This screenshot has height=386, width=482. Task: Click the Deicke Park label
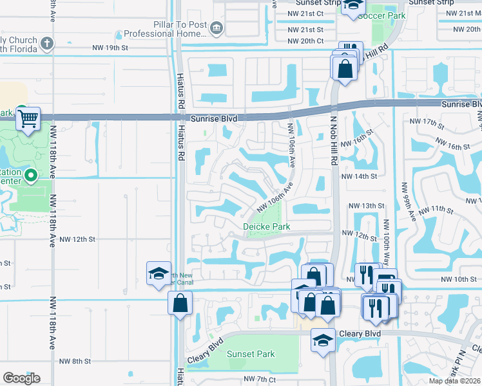tap(267, 226)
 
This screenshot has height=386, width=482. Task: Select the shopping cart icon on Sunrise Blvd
tap(28, 118)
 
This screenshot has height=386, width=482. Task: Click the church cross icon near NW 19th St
tap(46, 43)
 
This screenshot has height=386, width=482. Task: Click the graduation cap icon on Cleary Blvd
tap(322, 340)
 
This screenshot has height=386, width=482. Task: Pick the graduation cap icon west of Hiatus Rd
tap(159, 273)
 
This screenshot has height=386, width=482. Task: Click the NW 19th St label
tap(110, 48)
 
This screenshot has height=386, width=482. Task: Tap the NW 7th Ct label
tap(260, 380)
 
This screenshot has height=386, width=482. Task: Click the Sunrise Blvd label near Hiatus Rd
tap(214, 119)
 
